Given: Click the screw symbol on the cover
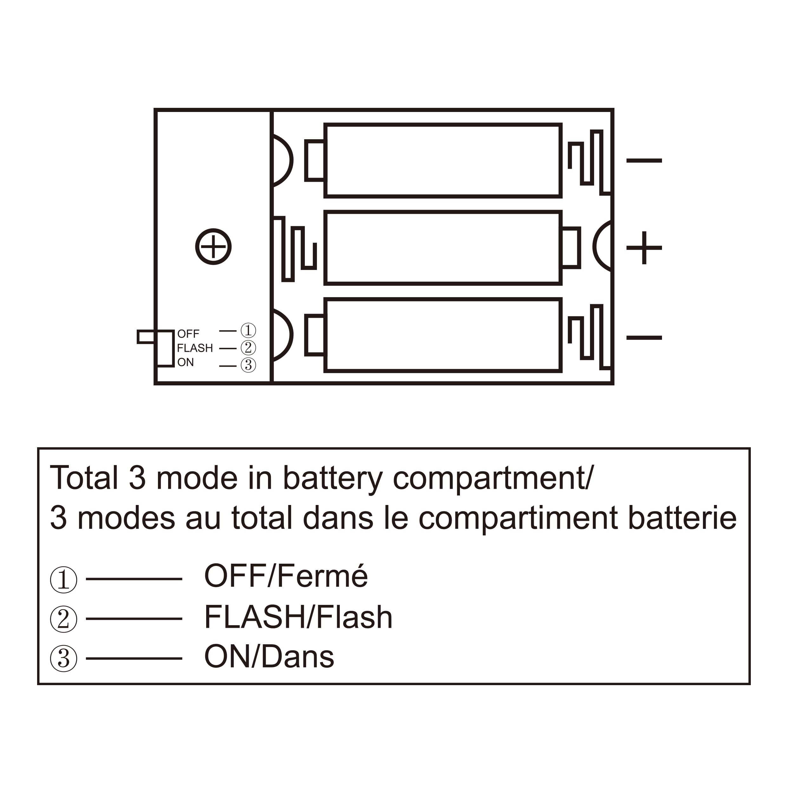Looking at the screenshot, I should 213,247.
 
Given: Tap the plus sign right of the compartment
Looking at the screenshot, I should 644,247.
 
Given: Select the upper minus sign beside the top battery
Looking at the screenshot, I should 644,161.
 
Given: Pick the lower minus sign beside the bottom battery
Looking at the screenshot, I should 644,338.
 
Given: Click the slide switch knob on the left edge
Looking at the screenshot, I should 147,337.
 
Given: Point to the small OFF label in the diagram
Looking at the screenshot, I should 188,334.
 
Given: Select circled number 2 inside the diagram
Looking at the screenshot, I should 248,348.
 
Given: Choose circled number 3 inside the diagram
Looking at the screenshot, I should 248,365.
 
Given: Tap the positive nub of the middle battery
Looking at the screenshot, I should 571,247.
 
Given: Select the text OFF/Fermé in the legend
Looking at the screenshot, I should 286,576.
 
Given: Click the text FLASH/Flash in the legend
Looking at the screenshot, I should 298,617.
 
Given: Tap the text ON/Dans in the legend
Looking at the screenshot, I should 269,657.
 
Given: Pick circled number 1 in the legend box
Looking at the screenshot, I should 64,580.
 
